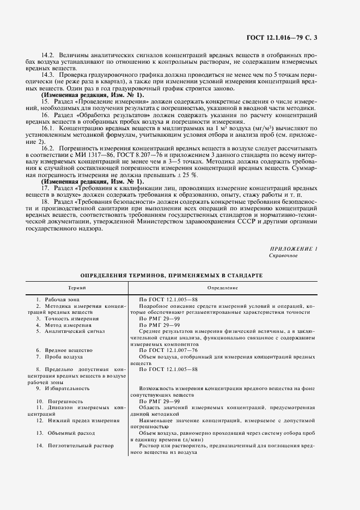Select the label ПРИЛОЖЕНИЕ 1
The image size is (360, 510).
click(293, 248)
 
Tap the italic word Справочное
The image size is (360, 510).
click(283, 256)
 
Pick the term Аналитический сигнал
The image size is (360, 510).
click(74, 331)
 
